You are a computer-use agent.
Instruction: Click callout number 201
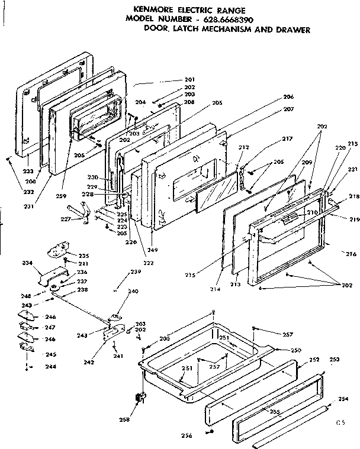[189, 80]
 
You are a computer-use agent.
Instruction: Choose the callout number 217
[288, 139]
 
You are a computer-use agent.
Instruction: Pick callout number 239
[136, 272]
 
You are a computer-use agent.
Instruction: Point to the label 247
[50, 327]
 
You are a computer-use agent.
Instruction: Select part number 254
[343, 400]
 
